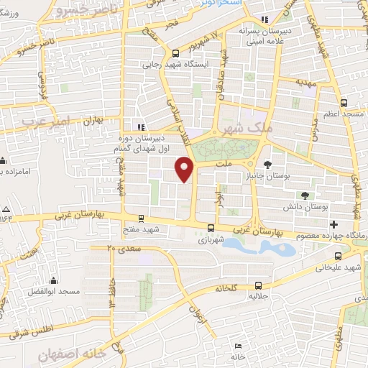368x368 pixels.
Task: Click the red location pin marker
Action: coord(185,169)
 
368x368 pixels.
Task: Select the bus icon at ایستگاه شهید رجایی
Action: coord(176,52)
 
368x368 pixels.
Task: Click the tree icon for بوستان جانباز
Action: coord(268,163)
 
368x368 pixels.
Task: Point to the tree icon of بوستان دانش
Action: coord(305,195)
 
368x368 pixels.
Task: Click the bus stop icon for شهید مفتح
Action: coord(141,218)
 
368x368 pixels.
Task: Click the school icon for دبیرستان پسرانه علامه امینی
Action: coord(265,19)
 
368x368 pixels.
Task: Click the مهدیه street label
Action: coord(305,83)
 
